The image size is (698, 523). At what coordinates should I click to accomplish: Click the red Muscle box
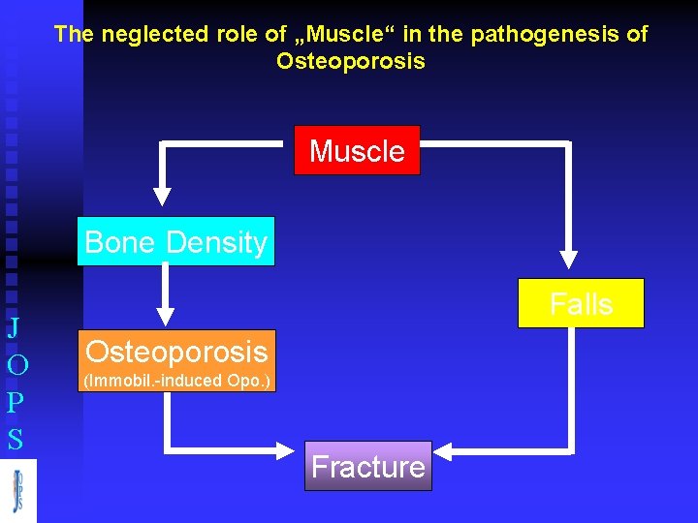(x=357, y=150)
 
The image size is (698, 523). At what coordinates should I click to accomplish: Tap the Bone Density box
(x=175, y=241)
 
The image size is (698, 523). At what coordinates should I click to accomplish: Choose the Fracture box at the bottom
(x=367, y=467)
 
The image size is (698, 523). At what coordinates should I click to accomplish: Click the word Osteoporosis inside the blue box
(x=175, y=351)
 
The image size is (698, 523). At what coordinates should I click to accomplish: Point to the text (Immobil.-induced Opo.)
(x=175, y=381)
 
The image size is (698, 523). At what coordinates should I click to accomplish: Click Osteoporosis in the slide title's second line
(x=350, y=62)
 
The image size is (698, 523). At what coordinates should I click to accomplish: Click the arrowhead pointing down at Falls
(x=569, y=260)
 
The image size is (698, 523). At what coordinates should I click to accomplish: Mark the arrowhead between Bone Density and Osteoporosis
(x=166, y=315)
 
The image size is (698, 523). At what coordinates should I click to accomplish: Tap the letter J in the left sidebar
(x=14, y=327)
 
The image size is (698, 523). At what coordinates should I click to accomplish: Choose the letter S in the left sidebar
(x=15, y=441)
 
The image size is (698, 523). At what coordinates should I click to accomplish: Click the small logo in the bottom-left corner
(x=17, y=491)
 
